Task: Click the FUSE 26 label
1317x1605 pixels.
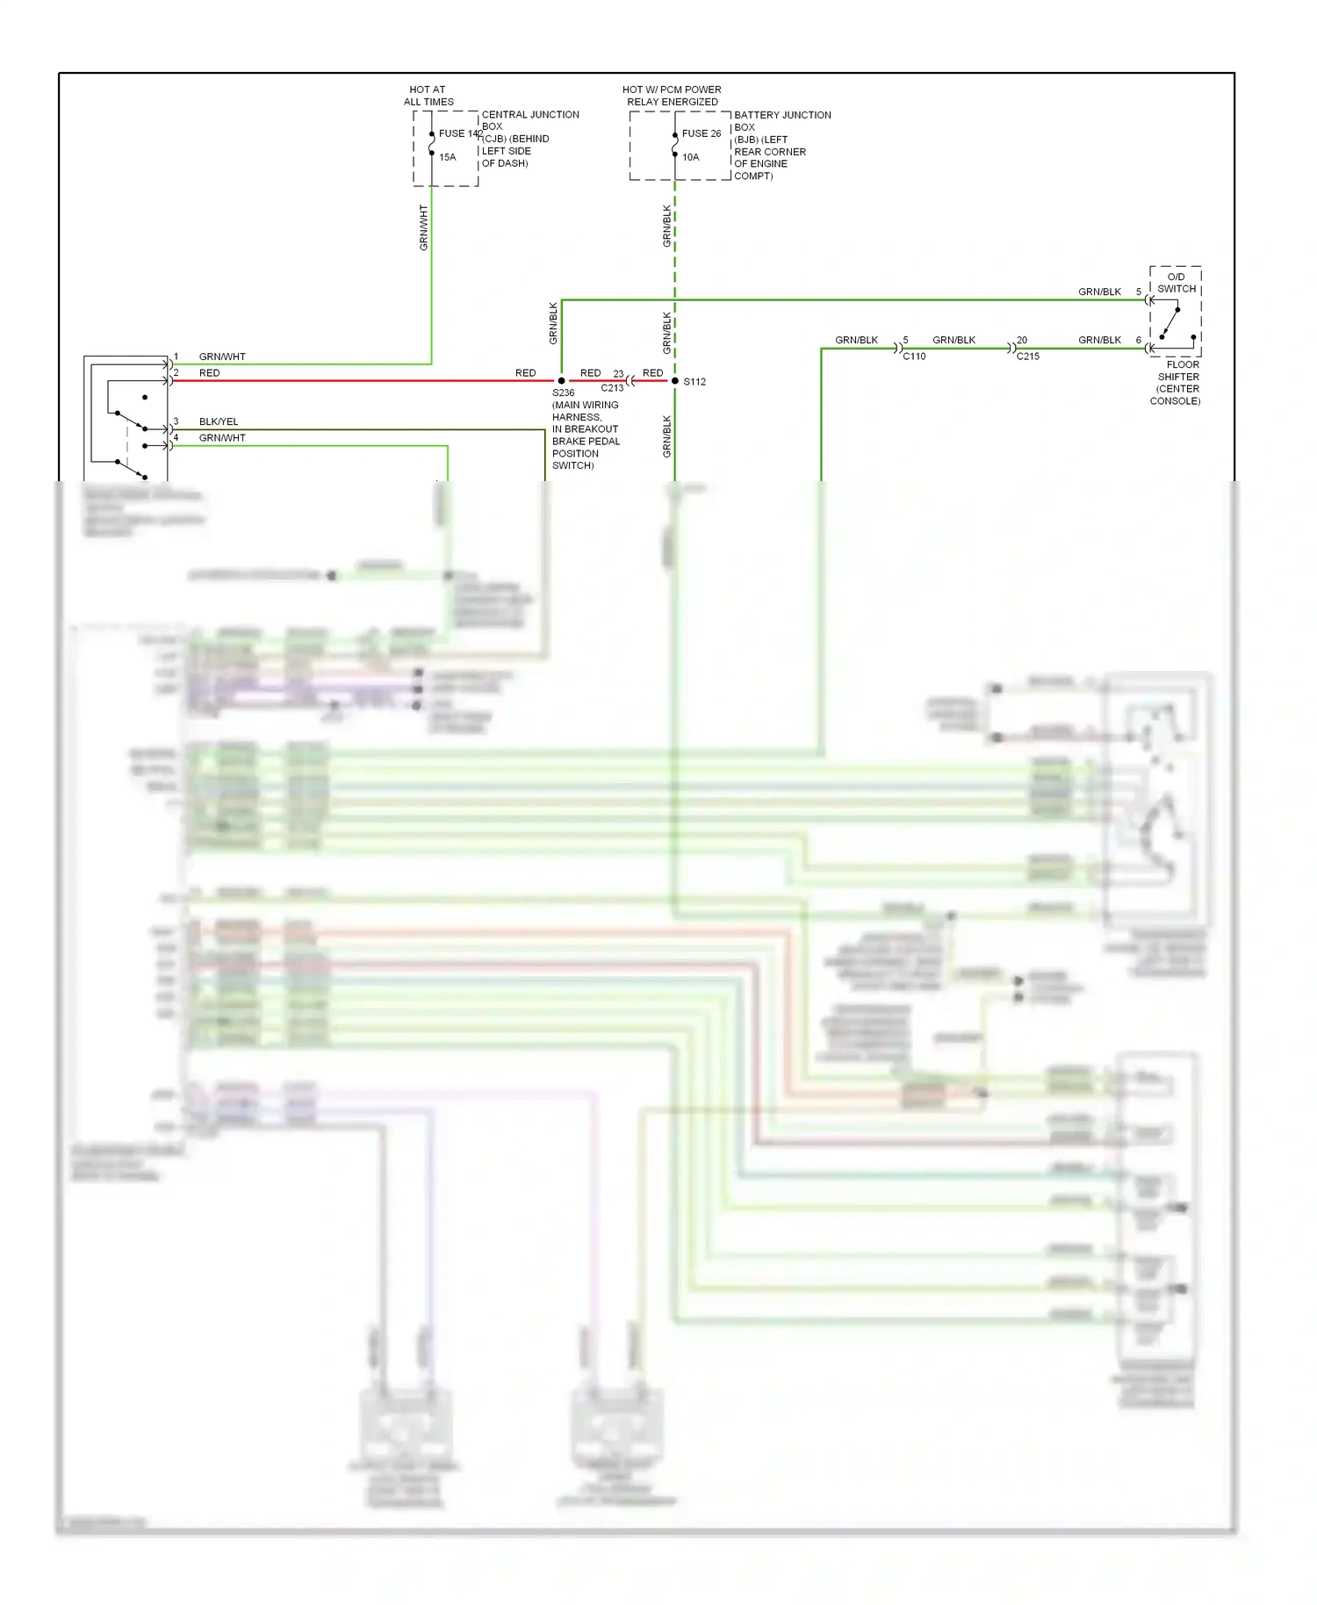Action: (x=701, y=133)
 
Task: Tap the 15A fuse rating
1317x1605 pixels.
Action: (x=447, y=157)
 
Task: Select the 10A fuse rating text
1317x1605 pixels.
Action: (x=690, y=157)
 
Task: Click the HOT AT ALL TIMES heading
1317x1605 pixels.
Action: (x=428, y=96)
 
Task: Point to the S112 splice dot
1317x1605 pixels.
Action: (x=674, y=381)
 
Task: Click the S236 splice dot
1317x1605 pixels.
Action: (x=562, y=381)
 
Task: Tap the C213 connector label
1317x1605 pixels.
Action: (x=612, y=388)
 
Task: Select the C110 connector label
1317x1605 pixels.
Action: (x=914, y=356)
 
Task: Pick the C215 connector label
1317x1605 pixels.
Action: (x=1027, y=356)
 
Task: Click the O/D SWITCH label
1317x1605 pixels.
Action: (x=1176, y=283)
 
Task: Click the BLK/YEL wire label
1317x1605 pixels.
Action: (x=219, y=421)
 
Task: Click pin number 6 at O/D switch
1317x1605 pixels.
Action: (x=1138, y=340)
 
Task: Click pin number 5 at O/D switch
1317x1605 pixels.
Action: (x=1138, y=291)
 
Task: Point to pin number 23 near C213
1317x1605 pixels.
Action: (x=618, y=373)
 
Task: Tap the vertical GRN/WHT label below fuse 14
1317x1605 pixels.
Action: (x=423, y=228)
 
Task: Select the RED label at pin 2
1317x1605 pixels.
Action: (x=209, y=373)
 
